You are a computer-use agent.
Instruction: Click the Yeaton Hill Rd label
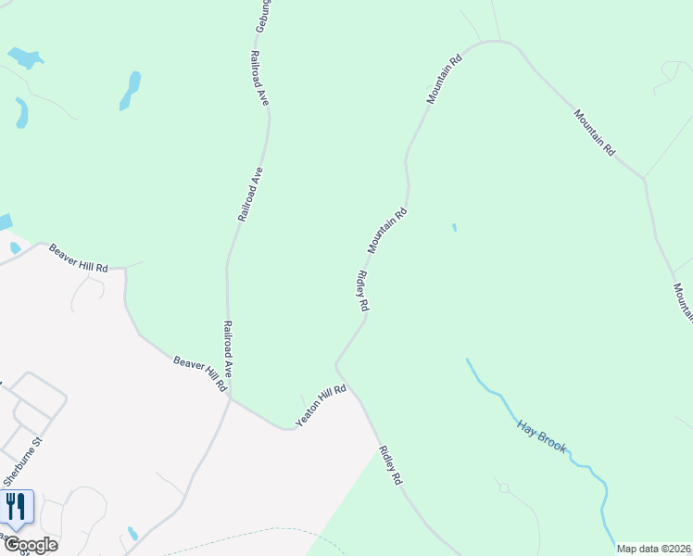tap(321, 406)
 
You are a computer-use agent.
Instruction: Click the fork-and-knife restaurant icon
tap(16, 506)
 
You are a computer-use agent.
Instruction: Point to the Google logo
tap(30, 545)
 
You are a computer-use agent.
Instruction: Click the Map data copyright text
tap(654, 549)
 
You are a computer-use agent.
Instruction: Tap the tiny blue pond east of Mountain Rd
tap(453, 227)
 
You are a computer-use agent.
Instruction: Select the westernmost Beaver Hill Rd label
tap(79, 257)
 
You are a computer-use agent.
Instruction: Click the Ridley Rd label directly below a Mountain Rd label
tap(363, 291)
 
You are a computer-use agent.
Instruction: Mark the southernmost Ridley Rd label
tap(392, 466)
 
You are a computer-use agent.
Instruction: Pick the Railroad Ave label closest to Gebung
tap(258, 77)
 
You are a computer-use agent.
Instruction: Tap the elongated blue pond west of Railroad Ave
tap(131, 91)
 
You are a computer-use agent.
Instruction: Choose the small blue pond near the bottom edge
tap(133, 534)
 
